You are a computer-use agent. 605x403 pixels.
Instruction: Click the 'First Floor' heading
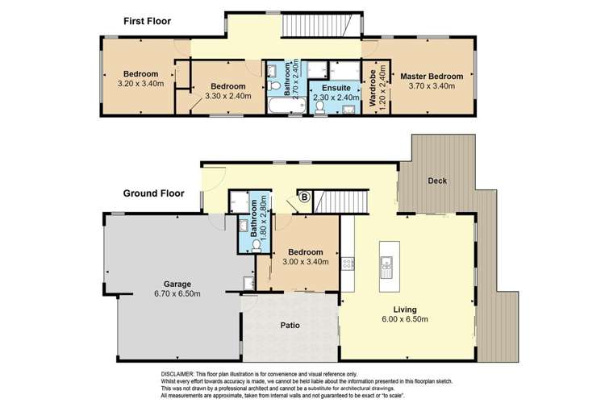pos(147,21)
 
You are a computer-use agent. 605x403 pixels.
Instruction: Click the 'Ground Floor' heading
pos(153,193)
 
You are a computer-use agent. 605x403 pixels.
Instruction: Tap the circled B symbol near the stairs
pos(305,197)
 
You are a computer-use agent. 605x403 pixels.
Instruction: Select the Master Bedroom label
pos(432,76)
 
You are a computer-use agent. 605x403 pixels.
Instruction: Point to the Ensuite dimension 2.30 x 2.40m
pos(336,98)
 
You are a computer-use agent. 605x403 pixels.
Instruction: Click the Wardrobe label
pos(373,88)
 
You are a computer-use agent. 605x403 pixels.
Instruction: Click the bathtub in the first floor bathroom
pos(286,106)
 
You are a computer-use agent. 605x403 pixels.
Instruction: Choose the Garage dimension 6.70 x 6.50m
pos(177,293)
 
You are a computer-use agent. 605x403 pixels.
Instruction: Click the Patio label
pos(290,325)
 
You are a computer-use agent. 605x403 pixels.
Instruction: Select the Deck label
pos(437,181)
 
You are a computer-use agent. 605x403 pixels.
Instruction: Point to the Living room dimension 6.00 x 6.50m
pos(405,319)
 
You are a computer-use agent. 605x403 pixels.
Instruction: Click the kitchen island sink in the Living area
pos(386,267)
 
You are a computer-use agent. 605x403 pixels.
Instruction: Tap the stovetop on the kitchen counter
pos(347,264)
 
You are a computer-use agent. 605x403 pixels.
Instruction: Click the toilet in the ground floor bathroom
pos(257,245)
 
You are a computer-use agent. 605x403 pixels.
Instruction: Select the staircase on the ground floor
pos(340,201)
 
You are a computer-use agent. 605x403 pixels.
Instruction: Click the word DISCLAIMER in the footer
pos(177,374)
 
